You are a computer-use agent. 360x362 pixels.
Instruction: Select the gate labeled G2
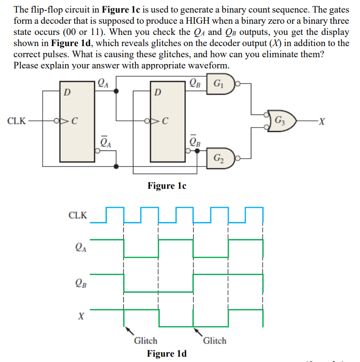(x=223, y=158)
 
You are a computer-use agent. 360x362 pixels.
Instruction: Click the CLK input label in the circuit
(x=17, y=120)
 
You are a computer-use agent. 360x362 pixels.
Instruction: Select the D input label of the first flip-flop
(x=67, y=92)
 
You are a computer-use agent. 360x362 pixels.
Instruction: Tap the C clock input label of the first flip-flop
(x=74, y=121)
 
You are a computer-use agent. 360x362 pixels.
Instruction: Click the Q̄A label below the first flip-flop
(x=105, y=141)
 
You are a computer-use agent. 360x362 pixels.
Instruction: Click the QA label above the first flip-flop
(x=102, y=82)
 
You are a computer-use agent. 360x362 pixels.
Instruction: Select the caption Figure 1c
(x=167, y=185)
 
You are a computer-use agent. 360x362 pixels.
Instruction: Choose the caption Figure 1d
(x=167, y=353)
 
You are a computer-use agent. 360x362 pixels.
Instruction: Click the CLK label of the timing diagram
(x=78, y=215)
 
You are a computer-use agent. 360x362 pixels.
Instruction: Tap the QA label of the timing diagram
(x=81, y=248)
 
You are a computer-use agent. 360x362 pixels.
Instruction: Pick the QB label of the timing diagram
(x=81, y=282)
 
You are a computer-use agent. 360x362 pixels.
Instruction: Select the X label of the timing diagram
(x=82, y=316)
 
